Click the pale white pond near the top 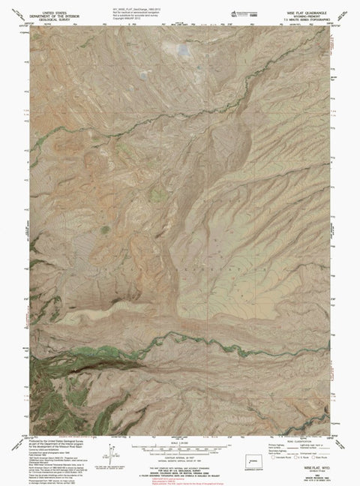[x=182, y=52]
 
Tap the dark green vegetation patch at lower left [x=45, y=370]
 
